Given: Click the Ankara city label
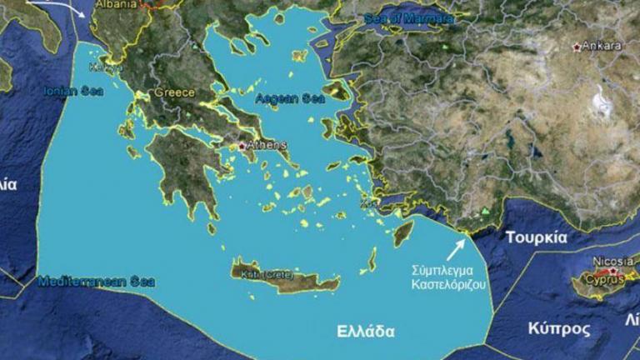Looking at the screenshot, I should coord(602,46).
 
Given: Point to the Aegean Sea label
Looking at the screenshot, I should coord(289,98).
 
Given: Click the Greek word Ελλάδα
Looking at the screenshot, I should coord(365,329).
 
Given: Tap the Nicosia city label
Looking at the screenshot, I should coord(612,260).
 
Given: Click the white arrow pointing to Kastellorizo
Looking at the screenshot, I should coord(457,248).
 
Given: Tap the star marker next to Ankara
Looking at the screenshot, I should coord(577,47).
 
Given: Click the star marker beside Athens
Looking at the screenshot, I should coord(242,146).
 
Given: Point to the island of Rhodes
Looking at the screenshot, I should coord(403,232).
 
